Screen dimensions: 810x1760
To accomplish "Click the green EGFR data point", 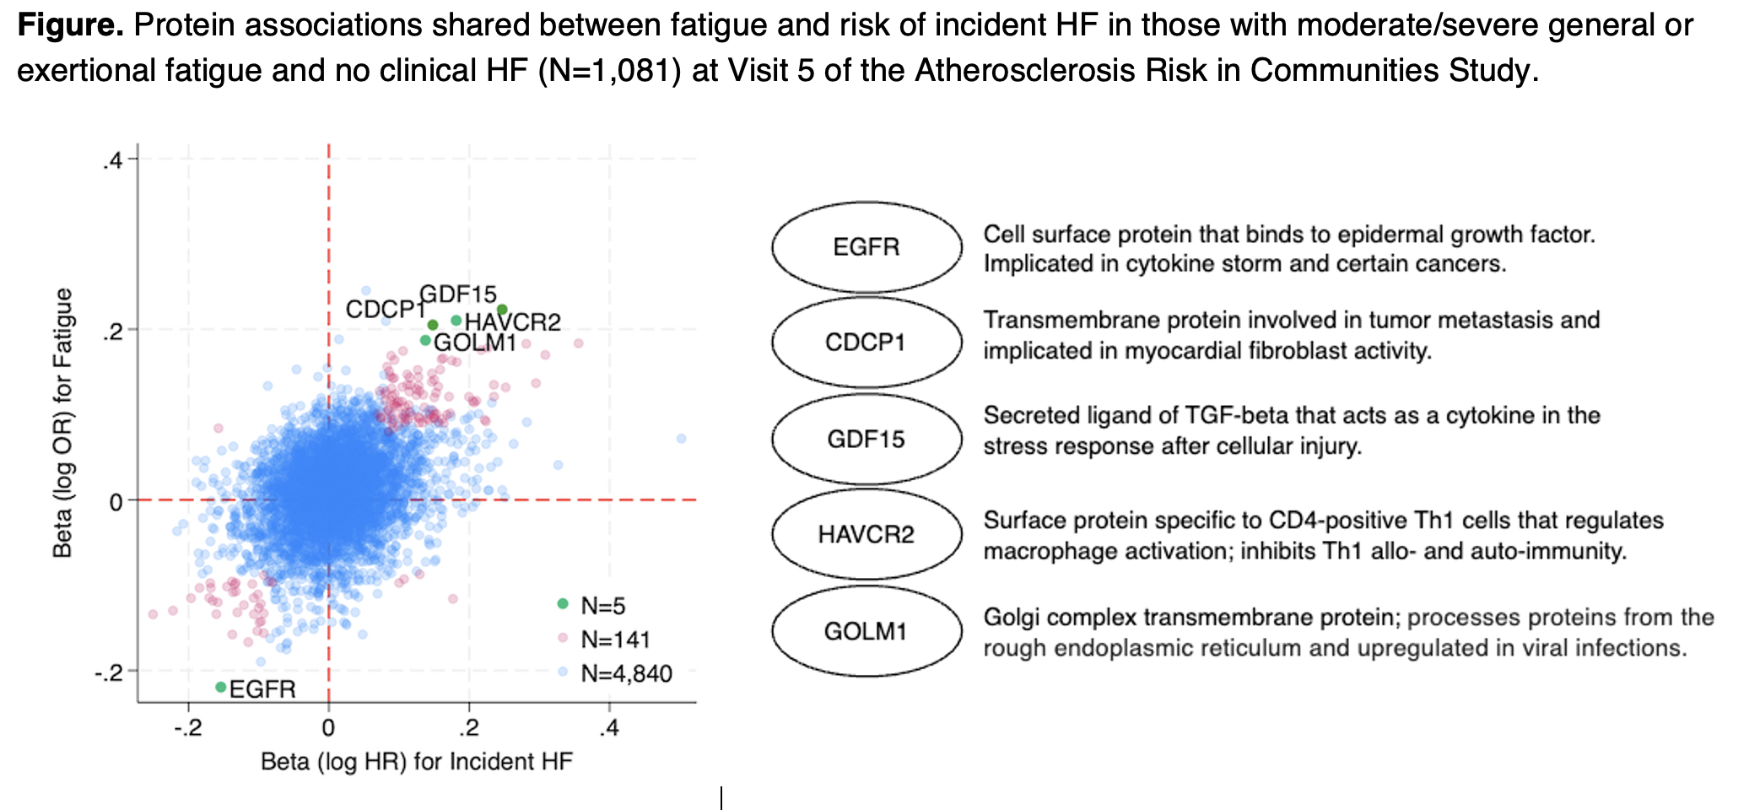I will tap(221, 688).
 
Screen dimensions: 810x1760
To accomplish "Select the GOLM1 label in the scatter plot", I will tap(474, 343).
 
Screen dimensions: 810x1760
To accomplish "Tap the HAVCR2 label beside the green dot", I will tap(512, 322).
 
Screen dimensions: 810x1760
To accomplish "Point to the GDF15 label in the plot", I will tap(458, 294).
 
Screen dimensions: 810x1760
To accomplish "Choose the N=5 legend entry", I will tap(602, 606).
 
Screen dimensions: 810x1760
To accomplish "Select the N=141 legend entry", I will tap(615, 640).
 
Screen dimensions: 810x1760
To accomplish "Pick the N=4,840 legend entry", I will tap(626, 673).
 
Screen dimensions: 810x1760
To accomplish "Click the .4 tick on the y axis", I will tap(113, 160).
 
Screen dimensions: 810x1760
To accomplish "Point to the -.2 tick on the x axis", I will tap(187, 727).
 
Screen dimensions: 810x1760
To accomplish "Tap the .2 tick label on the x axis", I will tap(468, 727).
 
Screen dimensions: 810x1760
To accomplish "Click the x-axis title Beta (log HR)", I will tap(417, 762).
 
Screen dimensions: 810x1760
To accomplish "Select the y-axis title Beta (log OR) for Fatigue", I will tap(62, 423).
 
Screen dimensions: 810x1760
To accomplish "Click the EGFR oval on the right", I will tap(867, 247).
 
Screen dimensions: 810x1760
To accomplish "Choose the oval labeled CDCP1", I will tap(867, 343).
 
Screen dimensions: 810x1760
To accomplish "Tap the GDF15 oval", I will tap(867, 439).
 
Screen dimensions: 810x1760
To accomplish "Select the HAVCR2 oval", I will tap(867, 534).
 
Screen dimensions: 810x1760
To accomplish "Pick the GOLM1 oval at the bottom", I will tap(867, 631).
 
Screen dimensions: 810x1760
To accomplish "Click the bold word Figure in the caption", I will tap(70, 25).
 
